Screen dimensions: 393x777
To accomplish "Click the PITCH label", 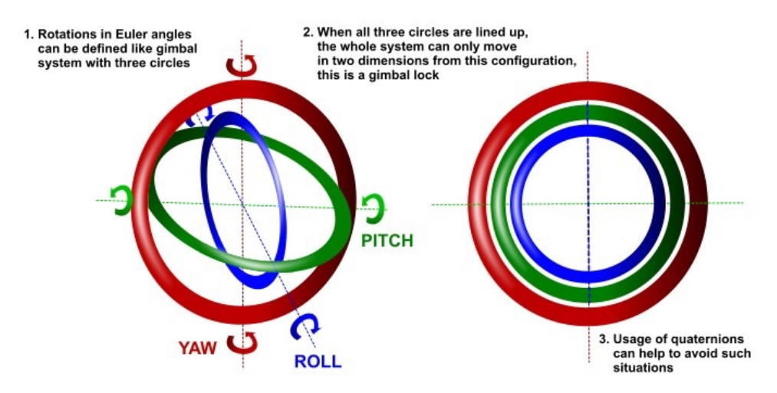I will pos(387,241).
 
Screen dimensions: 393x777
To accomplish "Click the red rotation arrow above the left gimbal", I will pos(242,67).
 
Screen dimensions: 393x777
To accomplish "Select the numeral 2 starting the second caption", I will pos(308,32).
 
